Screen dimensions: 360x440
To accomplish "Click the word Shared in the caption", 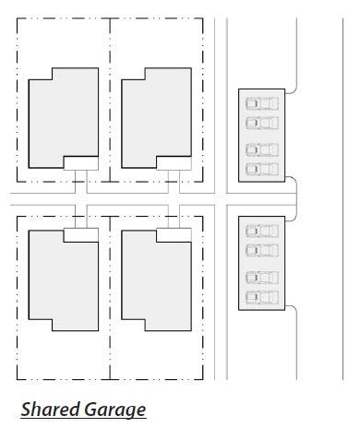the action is (x=50, y=410).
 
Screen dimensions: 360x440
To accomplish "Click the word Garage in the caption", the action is (x=114, y=410).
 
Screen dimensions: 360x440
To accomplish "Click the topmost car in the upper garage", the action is (x=262, y=103).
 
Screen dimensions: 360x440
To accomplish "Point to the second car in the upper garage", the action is (x=262, y=123).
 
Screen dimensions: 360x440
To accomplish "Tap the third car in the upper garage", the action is (x=262, y=149).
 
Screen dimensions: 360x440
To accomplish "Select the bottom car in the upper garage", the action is (x=262, y=169).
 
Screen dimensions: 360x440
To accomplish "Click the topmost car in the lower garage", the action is (x=262, y=231).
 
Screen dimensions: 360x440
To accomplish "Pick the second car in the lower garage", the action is (x=262, y=250).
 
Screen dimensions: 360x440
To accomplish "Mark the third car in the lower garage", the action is (x=262, y=278).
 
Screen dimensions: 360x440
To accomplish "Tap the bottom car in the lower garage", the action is (x=262, y=297).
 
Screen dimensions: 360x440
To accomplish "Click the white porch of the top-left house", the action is (x=81, y=163).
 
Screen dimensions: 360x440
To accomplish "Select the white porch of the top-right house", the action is (x=174, y=163).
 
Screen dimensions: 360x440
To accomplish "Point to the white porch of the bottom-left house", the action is (x=81, y=235).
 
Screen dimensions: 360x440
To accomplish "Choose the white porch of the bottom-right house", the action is (x=174, y=235).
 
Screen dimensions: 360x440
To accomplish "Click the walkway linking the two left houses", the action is (x=81, y=199).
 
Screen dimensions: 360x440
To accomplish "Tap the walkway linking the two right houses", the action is (x=174, y=199).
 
